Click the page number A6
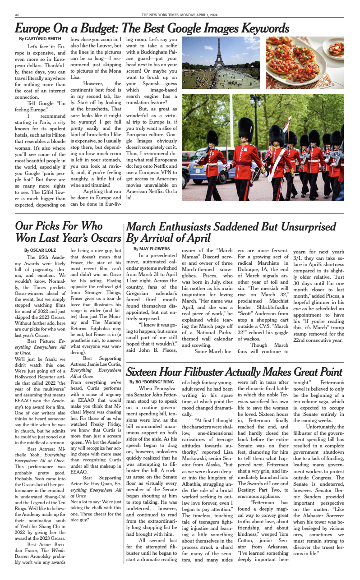(x=17, y=15)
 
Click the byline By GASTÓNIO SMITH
(x=40, y=39)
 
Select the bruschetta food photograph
(x=305, y=62)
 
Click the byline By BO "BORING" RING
(x=152, y=382)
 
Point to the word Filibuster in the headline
(x=204, y=372)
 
